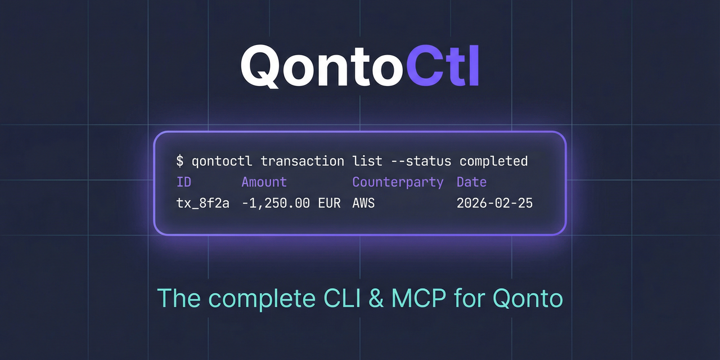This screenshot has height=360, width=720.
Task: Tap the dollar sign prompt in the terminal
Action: [x=180, y=161]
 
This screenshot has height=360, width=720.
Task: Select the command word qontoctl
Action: [x=222, y=161]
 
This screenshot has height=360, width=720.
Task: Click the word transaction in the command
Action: [x=302, y=161]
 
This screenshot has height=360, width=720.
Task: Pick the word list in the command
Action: [x=367, y=161]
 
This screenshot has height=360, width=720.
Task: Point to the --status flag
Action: [x=420, y=161]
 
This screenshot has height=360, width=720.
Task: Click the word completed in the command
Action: [x=493, y=161]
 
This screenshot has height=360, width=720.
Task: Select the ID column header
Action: [x=184, y=182]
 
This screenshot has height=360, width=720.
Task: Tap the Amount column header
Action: [x=264, y=182]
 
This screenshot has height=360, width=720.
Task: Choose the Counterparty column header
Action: [x=398, y=182]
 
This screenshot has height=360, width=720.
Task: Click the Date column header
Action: [x=471, y=182]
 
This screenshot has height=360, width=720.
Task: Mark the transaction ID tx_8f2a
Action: [x=203, y=203]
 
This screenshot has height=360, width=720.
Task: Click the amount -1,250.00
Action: [x=276, y=203]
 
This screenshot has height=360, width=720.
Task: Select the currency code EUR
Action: [x=329, y=203]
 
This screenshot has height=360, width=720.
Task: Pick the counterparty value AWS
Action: [x=363, y=203]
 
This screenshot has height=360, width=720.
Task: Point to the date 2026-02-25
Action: [x=494, y=203]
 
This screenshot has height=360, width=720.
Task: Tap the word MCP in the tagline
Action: [x=416, y=298]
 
